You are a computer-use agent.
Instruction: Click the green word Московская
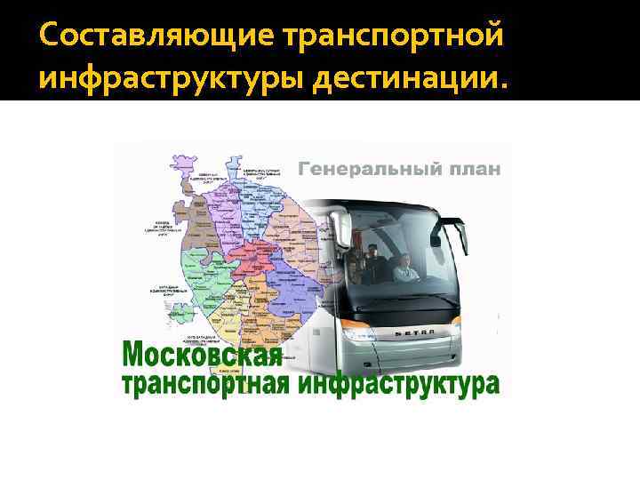pos(201,356)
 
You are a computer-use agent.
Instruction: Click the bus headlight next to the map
pos(354,332)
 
